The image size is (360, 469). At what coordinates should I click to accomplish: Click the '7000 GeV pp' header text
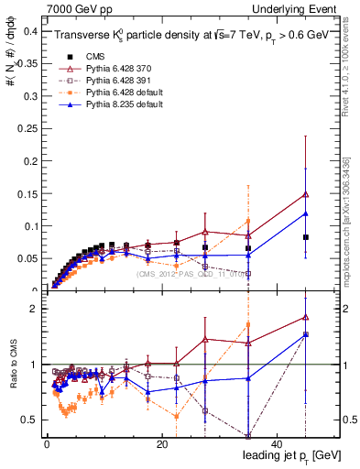(80, 8)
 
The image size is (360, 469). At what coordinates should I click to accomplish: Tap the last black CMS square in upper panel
(306, 237)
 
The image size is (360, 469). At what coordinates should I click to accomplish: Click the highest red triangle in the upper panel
(306, 194)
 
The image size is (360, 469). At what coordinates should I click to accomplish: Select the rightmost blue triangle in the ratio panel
(306, 334)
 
